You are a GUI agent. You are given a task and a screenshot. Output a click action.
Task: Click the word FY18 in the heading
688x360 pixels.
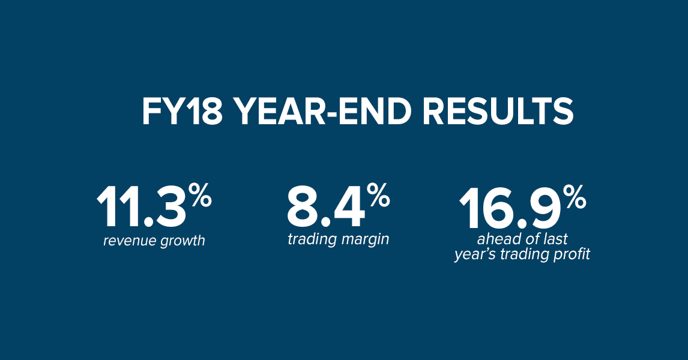coord(182,112)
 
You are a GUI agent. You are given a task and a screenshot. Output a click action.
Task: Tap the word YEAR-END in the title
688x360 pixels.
coord(322,112)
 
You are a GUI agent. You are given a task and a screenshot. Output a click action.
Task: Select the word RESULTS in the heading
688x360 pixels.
coord(498,112)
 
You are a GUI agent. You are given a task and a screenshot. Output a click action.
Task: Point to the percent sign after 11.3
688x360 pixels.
coord(201,195)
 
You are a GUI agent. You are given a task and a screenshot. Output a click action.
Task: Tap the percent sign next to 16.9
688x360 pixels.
coord(575,197)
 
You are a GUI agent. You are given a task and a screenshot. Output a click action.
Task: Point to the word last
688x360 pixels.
coord(555,239)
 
